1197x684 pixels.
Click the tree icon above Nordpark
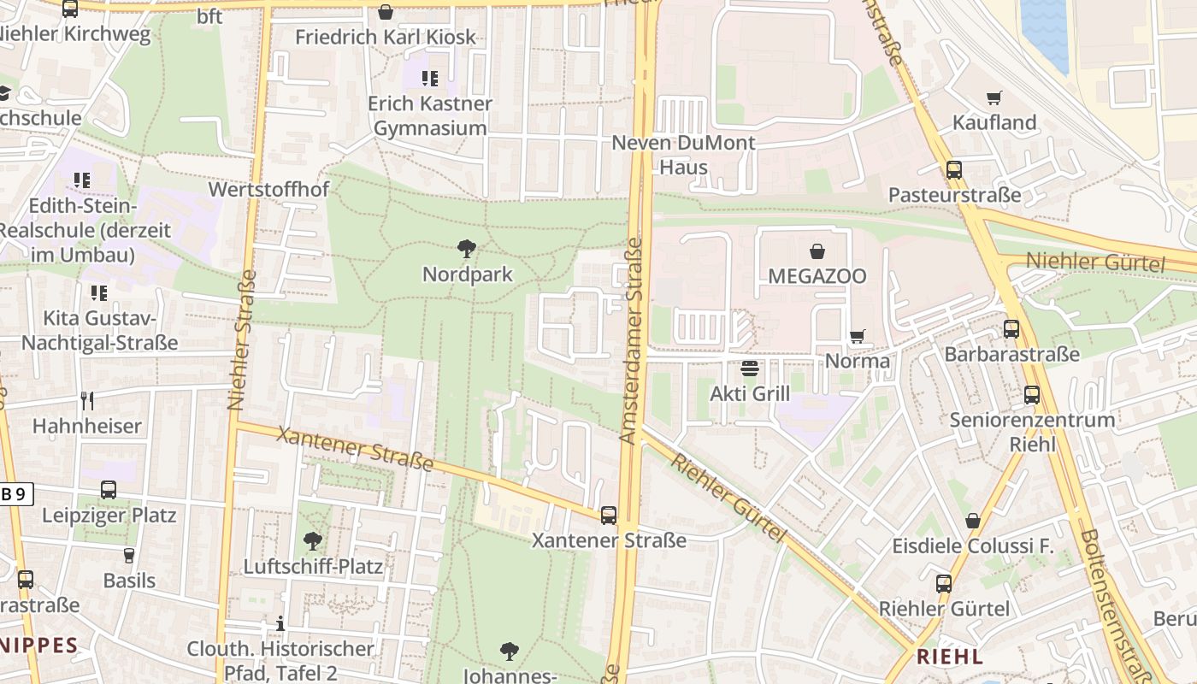(467, 250)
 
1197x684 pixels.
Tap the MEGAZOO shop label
(817, 276)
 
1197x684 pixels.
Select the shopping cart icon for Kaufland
(994, 97)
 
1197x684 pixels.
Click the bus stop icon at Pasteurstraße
(954, 170)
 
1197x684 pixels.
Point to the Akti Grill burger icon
(750, 369)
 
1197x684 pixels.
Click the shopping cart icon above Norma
(857, 336)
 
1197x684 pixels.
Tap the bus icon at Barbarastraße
(1011, 329)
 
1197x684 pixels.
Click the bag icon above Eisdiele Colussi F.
(972, 521)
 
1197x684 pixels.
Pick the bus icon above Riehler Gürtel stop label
(944, 584)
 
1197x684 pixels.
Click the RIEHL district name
(949, 657)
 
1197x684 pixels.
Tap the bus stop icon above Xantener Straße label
(609, 516)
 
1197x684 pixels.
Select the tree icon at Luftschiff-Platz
(313, 541)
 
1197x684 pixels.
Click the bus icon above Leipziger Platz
(109, 490)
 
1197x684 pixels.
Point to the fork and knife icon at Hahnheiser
(86, 400)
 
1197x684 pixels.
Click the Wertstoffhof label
(268, 190)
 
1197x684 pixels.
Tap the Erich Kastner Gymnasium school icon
(430, 79)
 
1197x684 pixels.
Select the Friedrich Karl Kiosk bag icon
(386, 13)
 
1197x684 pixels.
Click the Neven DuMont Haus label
(683, 155)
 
